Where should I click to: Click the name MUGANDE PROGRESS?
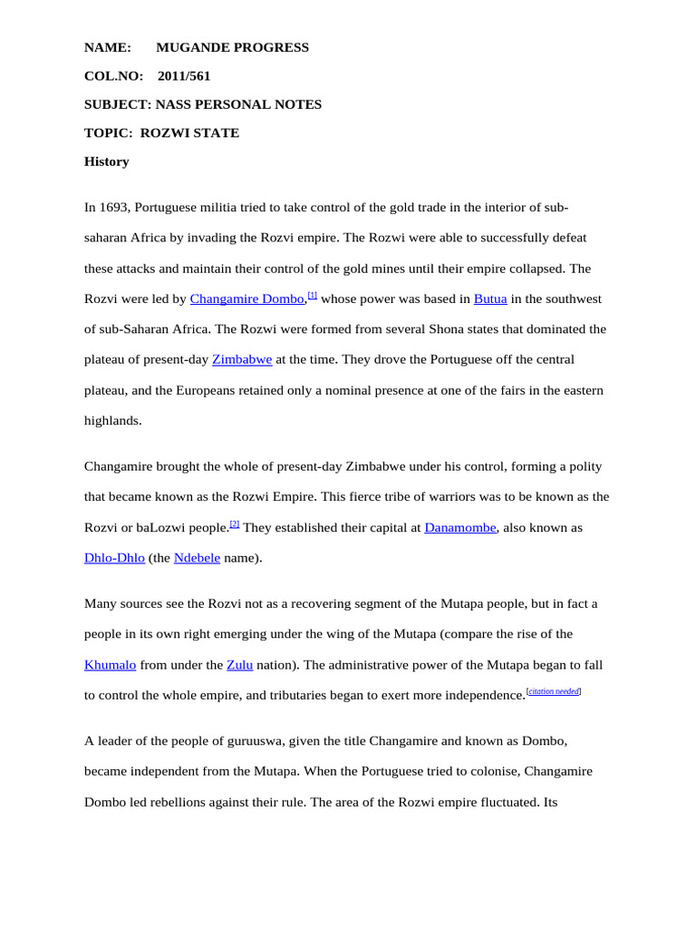(232, 47)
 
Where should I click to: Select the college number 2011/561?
(184, 76)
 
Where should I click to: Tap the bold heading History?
(107, 161)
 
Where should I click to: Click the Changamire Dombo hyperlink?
(246, 298)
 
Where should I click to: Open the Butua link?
(490, 298)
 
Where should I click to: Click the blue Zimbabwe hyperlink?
(242, 359)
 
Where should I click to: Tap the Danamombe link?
(460, 528)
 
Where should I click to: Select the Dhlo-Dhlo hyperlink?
(114, 558)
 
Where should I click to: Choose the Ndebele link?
(197, 558)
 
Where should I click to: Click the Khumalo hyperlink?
(111, 665)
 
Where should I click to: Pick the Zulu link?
(239, 665)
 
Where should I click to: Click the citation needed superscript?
(554, 691)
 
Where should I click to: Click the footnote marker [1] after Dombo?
(313, 295)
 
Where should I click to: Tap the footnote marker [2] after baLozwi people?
(235, 524)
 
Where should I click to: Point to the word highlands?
(112, 421)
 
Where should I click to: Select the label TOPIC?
(108, 133)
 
